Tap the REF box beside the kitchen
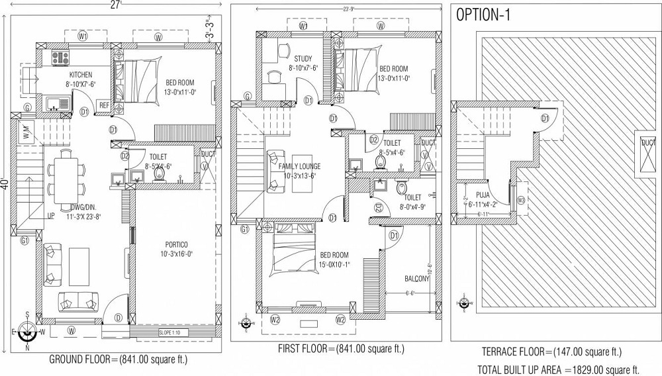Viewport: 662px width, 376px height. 104,105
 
